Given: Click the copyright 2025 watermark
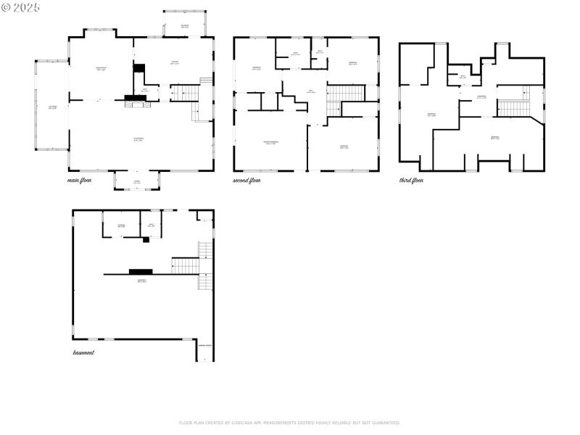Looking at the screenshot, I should click(x=21, y=7).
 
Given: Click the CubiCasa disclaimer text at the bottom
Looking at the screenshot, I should click(x=289, y=423).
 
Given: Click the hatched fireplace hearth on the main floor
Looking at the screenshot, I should click(x=138, y=104).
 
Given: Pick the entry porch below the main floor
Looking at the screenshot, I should click(x=137, y=181).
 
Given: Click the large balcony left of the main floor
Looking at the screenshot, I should click(x=51, y=107).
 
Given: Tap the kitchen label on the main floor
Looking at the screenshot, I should click(x=175, y=62).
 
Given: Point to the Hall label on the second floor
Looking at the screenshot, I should click(x=310, y=91).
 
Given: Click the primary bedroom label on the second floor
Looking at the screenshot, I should click(x=271, y=143).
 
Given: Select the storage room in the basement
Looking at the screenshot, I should click(x=122, y=225).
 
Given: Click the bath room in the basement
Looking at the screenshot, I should click(x=152, y=225).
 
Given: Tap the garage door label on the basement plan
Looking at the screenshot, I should click(x=205, y=346).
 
